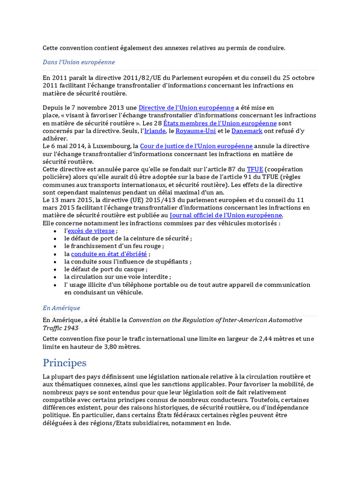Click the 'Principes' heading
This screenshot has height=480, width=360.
(x=65, y=363)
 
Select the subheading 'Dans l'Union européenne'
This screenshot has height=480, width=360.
(x=79, y=62)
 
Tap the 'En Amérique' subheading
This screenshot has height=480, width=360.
(x=61, y=308)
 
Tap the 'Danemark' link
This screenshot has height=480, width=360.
(x=247, y=131)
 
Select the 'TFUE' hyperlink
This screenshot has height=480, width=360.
(x=255, y=169)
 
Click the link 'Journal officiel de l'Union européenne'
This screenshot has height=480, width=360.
(x=226, y=215)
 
